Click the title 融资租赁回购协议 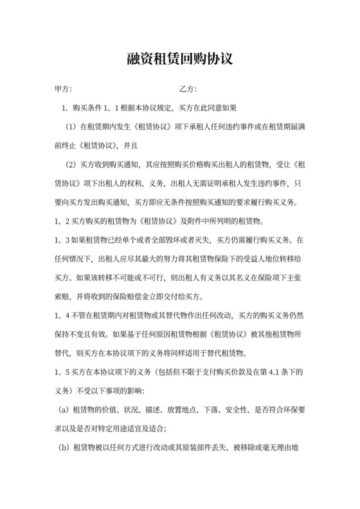click(x=179, y=60)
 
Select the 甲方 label click(x=63, y=89)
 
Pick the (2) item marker click(x=71, y=164)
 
